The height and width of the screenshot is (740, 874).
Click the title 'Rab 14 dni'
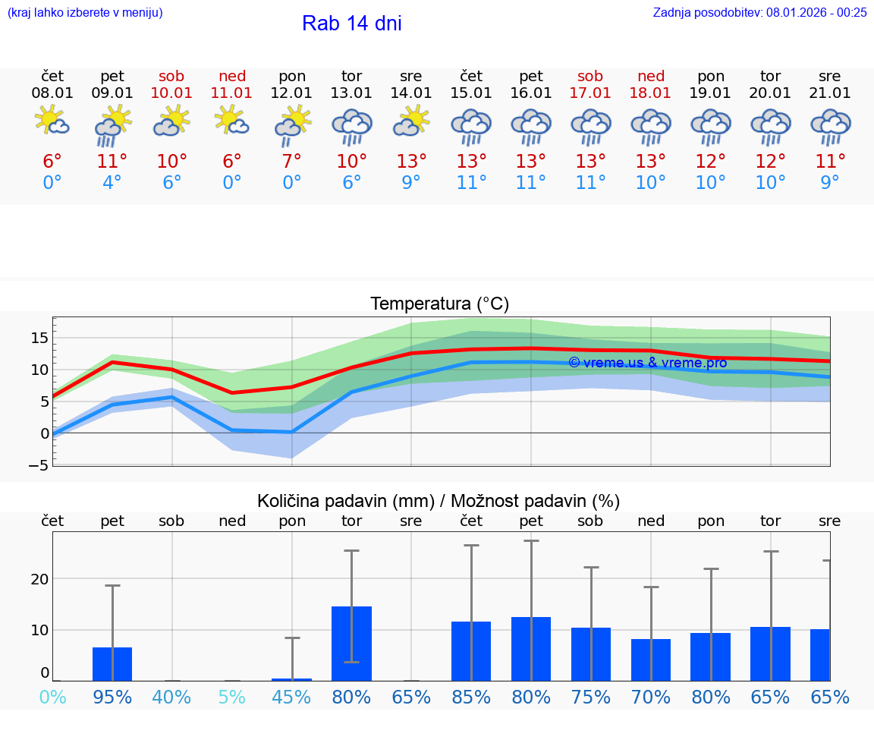(x=351, y=24)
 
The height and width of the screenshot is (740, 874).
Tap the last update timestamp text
(x=759, y=12)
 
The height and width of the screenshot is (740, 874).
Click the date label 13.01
(x=351, y=93)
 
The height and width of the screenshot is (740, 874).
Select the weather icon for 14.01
(x=411, y=122)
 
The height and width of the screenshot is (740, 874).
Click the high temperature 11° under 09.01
(x=112, y=162)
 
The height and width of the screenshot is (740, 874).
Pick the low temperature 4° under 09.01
(x=112, y=183)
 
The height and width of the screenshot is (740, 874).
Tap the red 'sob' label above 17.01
(x=590, y=76)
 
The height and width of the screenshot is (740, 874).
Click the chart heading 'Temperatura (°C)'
(x=439, y=304)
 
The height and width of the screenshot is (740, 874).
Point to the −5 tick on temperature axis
(x=39, y=465)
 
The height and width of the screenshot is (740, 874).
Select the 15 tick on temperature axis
(x=41, y=338)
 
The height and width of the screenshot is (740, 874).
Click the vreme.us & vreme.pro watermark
(x=647, y=363)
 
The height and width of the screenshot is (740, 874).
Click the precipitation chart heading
(x=438, y=501)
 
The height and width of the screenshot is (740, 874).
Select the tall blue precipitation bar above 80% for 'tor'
(x=351, y=644)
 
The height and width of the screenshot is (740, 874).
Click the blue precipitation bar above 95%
(x=112, y=664)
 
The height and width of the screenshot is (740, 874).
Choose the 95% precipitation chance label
(x=112, y=697)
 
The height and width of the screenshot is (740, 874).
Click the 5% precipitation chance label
(x=232, y=697)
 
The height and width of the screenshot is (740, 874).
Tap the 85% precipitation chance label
(x=471, y=697)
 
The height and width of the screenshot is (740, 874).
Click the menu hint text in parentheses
(x=84, y=12)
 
